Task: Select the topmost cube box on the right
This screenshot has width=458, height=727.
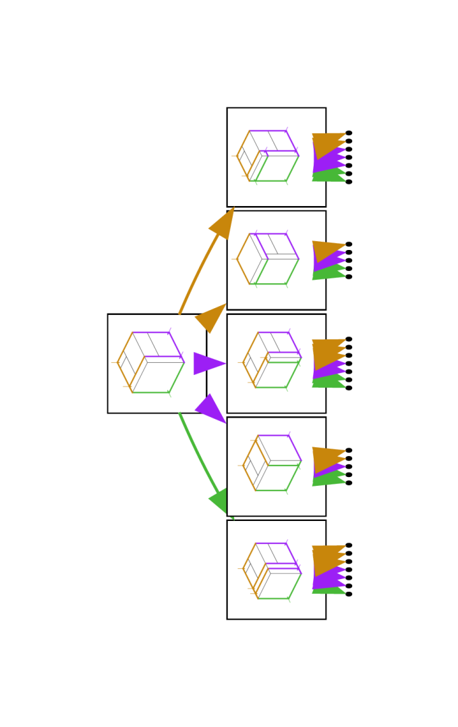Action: (277, 157)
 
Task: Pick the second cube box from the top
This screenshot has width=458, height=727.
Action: (277, 260)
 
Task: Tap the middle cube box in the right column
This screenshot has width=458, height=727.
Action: (277, 363)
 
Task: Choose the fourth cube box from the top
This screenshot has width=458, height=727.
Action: (277, 466)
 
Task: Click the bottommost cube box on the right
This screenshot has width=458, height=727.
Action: (277, 570)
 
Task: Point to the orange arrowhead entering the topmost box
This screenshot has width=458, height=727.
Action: (223, 224)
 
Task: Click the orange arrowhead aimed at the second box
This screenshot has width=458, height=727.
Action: (212, 318)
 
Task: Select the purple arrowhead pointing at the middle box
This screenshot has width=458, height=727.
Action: (208, 363)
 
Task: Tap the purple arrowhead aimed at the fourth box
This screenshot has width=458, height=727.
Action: (212, 409)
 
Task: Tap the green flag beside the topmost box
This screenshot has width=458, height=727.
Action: (329, 176)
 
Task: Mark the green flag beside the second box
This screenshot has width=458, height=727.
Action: (329, 272)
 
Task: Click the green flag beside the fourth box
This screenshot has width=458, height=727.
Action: (329, 478)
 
